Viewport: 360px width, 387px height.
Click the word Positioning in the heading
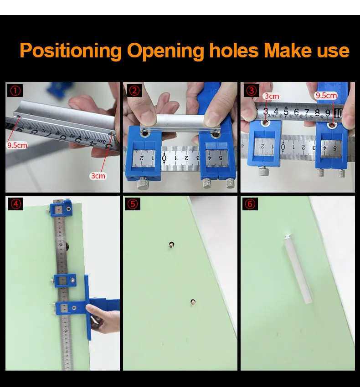[x=71, y=51]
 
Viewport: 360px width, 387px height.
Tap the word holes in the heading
[x=234, y=50]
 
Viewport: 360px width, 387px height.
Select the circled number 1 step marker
[x=15, y=91]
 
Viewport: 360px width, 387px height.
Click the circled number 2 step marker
[x=134, y=91]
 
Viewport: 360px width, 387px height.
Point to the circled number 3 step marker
[x=252, y=91]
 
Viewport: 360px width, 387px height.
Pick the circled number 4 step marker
[x=15, y=204]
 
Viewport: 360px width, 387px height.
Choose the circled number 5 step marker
[x=133, y=204]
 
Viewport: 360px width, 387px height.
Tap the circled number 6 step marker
[x=250, y=204]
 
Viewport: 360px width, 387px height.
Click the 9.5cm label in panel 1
[x=17, y=145]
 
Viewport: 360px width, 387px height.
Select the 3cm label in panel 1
[x=98, y=176]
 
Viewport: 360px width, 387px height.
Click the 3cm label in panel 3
[x=272, y=96]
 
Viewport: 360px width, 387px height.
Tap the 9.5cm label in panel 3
[x=326, y=96]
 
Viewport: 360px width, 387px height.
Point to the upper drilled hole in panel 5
[x=171, y=245]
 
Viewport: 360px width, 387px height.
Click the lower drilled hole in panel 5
[x=193, y=302]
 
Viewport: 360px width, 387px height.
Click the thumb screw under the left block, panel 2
[x=143, y=183]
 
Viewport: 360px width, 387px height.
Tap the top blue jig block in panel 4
[x=61, y=209]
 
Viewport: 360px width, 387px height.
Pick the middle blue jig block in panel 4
[x=65, y=280]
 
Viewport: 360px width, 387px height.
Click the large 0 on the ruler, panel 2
[x=165, y=158]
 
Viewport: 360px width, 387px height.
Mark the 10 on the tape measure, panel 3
[x=338, y=113]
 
